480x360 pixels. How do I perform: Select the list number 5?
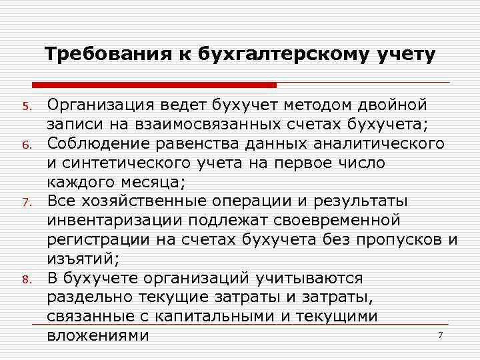pyautogui.click(x=26, y=107)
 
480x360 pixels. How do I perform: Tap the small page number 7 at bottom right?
pyautogui.click(x=440, y=335)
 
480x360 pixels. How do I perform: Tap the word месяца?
pyautogui.click(x=147, y=181)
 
